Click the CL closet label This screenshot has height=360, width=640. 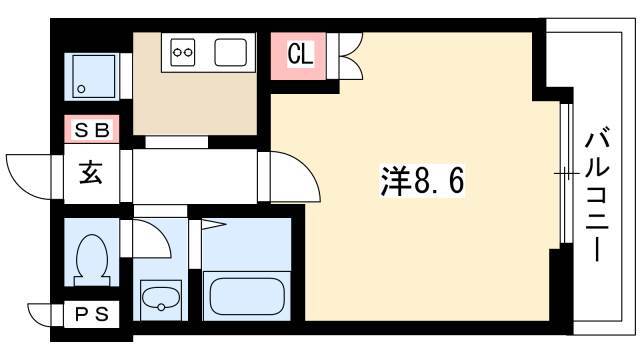click(x=300, y=54)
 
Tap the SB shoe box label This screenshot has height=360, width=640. click(x=92, y=130)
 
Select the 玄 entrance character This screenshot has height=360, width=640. click(x=91, y=173)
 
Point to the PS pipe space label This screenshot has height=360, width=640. click(x=92, y=314)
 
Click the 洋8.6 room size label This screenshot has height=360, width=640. click(x=422, y=181)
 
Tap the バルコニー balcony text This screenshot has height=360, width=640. click(x=597, y=194)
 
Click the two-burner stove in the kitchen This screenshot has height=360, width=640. click(x=182, y=52)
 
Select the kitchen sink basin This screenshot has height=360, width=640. click(x=231, y=52)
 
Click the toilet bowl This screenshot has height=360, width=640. click(x=92, y=260)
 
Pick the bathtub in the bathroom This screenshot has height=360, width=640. click(x=247, y=296)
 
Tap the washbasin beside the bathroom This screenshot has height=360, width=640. click(x=160, y=299)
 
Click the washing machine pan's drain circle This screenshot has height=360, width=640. click(x=81, y=89)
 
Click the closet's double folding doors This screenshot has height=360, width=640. click(x=351, y=56)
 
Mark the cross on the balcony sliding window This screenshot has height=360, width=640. click(x=566, y=174)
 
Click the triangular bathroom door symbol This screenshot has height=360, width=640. click(x=213, y=224)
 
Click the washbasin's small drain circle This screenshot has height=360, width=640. click(x=161, y=307)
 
